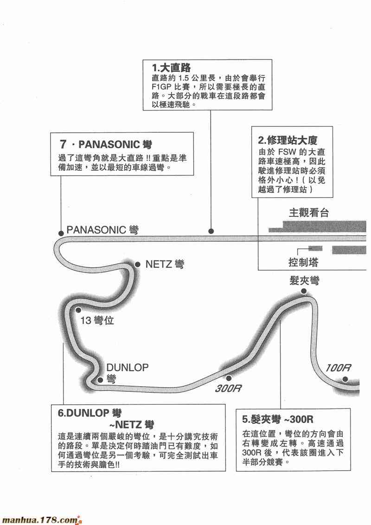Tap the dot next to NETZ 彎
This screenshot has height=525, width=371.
[137, 264]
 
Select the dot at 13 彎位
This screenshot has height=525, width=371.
[78, 309]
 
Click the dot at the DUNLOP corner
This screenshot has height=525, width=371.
[99, 380]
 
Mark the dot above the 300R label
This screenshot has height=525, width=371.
[228, 378]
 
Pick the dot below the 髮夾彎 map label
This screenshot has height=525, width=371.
[304, 292]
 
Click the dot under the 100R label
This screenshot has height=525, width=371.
[345, 379]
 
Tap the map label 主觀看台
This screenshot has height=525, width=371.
[308, 213]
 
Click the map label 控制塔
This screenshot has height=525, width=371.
[302, 262]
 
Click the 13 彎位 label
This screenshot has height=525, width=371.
[97, 320]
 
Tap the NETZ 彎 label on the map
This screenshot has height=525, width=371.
[165, 265]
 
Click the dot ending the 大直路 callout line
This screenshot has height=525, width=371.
[211, 231]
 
